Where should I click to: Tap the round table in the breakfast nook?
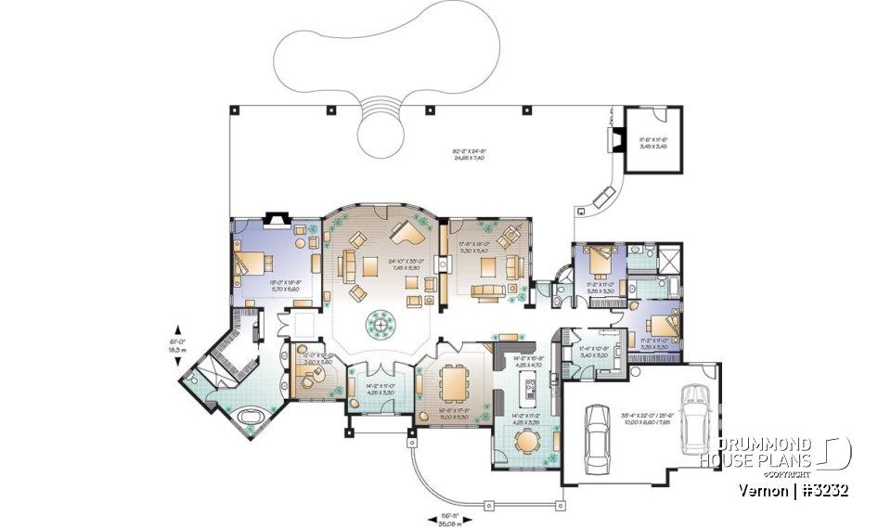[x=525, y=440]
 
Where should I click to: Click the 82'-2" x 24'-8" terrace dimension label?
[x=469, y=155]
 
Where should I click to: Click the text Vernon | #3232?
[x=794, y=490]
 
